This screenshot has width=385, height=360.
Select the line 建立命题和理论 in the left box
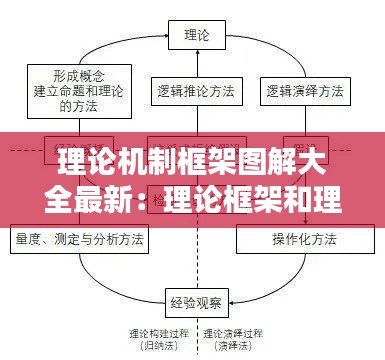coord(78,88)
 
